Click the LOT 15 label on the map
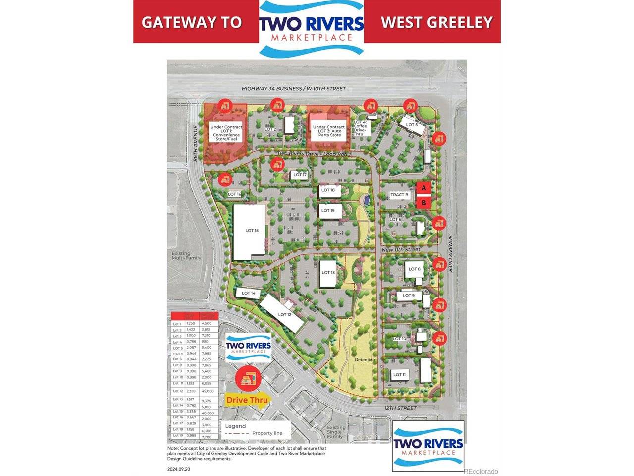pyautogui.click(x=252, y=230)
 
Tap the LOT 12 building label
pyautogui.click(x=285, y=314)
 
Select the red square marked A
pyautogui.click(x=423, y=188)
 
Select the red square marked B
pyautogui.click(x=423, y=202)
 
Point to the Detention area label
pyautogui.click(x=364, y=360)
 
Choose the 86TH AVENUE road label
pyautogui.click(x=196, y=144)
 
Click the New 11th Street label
pyautogui.click(x=401, y=249)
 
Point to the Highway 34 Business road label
pyautogui.click(x=293, y=88)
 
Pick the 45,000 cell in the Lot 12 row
pyautogui.click(x=208, y=391)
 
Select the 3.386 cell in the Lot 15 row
pyautogui.click(x=191, y=412)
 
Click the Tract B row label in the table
pyautogui.click(x=177, y=353)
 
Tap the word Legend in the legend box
pyautogui.click(x=235, y=426)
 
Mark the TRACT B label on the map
pyautogui.click(x=399, y=195)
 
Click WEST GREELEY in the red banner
pyautogui.click(x=436, y=22)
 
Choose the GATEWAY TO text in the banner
pyautogui.click(x=192, y=22)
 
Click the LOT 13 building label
pyautogui.click(x=328, y=272)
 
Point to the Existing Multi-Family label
pyautogui.click(x=181, y=256)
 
